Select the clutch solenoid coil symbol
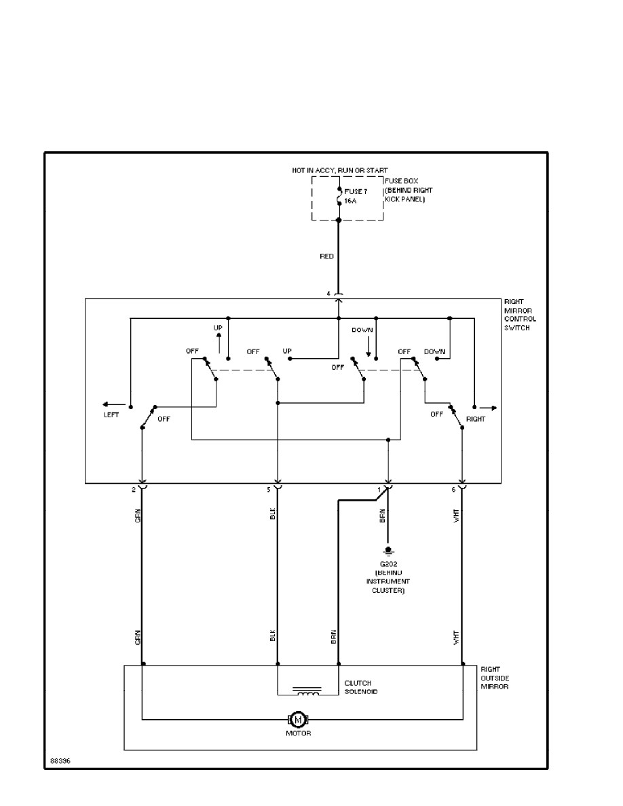point(307,691)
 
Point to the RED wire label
point(326,257)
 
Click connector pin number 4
point(328,294)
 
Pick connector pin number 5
point(269,489)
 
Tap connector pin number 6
point(454,489)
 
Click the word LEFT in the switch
point(111,415)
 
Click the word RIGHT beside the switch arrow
point(476,419)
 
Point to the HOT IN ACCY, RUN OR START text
point(340,170)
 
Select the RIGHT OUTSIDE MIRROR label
point(494,678)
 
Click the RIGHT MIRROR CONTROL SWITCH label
point(520,314)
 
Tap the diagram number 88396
point(59,761)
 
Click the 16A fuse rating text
point(351,201)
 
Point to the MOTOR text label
point(299,734)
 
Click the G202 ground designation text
point(388,564)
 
